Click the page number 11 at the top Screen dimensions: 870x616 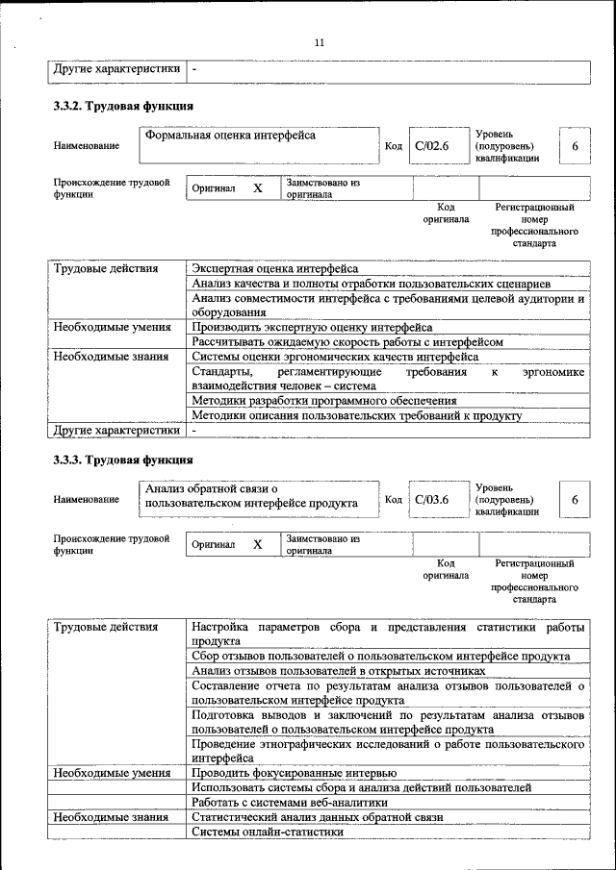[320, 42]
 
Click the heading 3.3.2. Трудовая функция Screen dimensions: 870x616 [124, 106]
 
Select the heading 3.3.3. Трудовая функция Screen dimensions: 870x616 [124, 460]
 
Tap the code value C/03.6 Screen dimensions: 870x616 [432, 500]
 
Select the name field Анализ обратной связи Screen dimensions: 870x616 [251, 496]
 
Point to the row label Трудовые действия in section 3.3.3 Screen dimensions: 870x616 [106, 628]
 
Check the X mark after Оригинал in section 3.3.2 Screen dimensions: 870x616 [258, 188]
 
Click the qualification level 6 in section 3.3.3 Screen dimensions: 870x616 [575, 500]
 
